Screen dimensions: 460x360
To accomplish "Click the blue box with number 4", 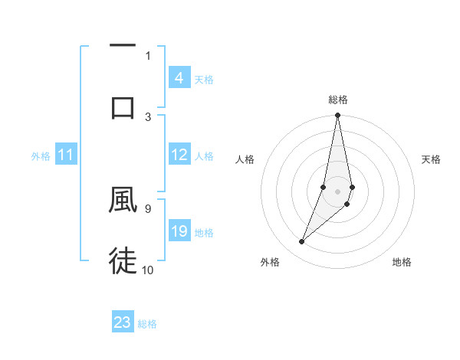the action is point(179,78).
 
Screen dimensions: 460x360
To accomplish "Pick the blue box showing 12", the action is point(179,155).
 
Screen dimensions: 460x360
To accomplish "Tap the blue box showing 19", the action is point(179,232).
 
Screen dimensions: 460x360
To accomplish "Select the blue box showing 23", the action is point(123,322).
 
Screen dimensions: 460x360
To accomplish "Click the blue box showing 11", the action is point(66,155).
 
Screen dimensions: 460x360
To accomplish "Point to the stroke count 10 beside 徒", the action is point(148,270).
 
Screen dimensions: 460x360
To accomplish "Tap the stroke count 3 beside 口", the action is point(148,116).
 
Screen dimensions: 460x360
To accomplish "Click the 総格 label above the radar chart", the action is point(338,100).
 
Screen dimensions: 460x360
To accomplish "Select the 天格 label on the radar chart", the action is point(431,159).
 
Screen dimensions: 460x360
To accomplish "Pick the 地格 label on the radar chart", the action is point(402,262).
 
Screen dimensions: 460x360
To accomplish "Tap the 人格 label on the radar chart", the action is point(245,159).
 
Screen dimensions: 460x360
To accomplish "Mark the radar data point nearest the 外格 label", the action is point(301,242).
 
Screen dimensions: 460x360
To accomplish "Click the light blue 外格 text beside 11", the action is point(41,156).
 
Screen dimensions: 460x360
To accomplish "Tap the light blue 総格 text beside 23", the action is point(147,324).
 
